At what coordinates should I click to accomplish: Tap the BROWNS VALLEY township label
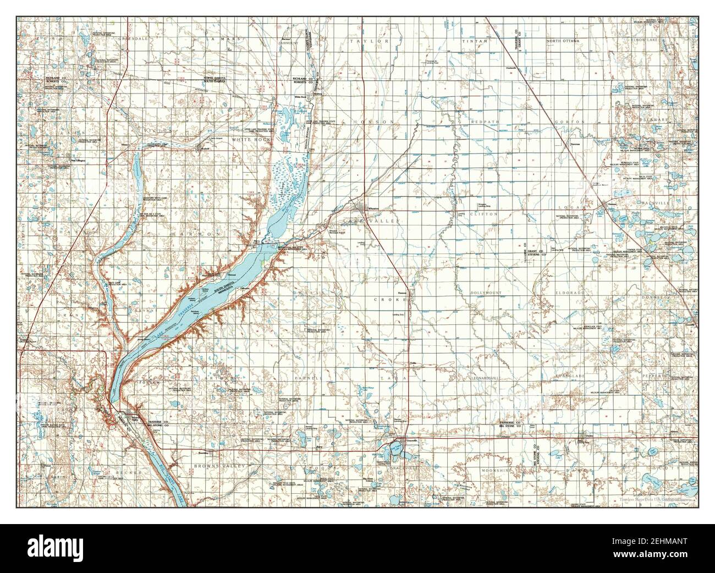click(219, 466)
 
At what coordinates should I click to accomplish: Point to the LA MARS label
click(217, 40)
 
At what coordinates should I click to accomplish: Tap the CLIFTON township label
click(487, 214)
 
